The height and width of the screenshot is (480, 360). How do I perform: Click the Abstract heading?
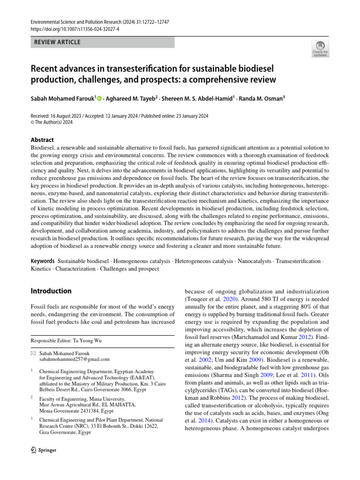click(x=42, y=140)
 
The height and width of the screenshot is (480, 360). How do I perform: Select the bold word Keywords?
click(x=43, y=261)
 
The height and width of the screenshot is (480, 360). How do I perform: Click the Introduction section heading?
click(x=51, y=291)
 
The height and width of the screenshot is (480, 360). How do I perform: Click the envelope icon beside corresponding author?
click(x=33, y=353)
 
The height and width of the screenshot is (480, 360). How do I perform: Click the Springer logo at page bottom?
click(x=43, y=450)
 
